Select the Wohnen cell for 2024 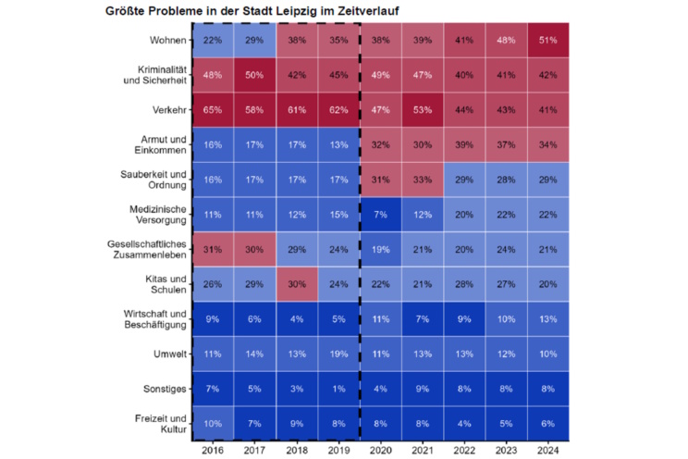coord(547,41)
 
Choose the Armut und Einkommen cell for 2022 coord(463,144)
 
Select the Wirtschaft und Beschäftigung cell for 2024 coord(547,319)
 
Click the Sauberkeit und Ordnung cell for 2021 coord(422,180)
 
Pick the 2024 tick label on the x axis coord(547,451)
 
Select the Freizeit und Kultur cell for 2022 coord(463,423)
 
